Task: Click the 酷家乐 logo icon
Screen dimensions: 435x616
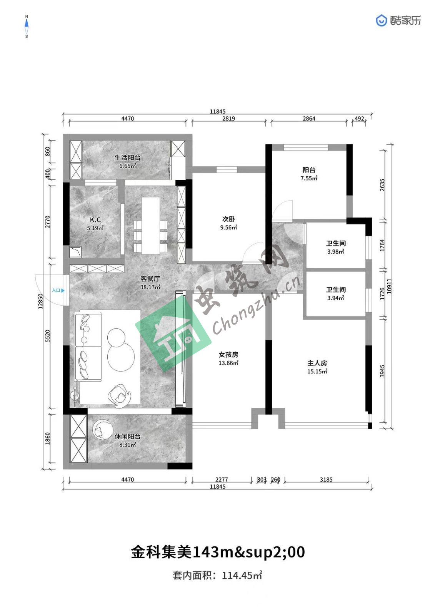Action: [x=381, y=21]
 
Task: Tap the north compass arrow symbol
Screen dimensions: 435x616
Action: [x=27, y=27]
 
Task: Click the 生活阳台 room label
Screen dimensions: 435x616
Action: [x=128, y=157]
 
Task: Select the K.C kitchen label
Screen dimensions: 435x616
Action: [x=95, y=220]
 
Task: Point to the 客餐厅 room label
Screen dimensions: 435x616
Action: [x=150, y=279]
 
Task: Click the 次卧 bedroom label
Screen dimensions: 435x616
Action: [x=228, y=219]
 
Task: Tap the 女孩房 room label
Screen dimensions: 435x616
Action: [x=228, y=355]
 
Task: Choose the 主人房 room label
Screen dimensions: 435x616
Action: [x=317, y=363]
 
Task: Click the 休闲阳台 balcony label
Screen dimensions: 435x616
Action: [x=128, y=437]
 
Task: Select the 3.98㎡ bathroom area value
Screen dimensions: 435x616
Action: [x=335, y=252]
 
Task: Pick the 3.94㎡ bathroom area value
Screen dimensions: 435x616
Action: [x=335, y=298]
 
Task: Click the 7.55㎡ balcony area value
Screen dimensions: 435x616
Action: [x=309, y=178]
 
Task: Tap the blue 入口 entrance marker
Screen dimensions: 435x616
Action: [x=58, y=290]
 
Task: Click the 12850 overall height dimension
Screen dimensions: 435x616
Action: [x=41, y=301]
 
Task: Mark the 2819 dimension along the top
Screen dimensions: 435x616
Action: [x=228, y=119]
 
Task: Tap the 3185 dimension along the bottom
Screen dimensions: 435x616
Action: [x=326, y=480]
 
